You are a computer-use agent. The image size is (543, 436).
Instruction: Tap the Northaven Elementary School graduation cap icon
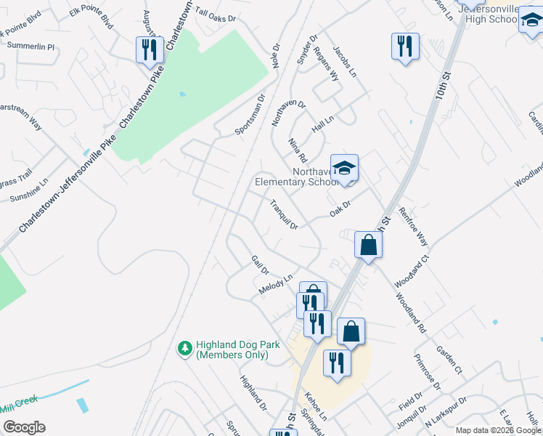tap(344, 168)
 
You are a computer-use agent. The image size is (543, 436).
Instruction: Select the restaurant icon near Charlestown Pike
tap(148, 49)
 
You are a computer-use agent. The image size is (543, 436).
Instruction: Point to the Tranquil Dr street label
tap(285, 215)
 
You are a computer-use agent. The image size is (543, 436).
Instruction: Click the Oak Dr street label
tap(340, 208)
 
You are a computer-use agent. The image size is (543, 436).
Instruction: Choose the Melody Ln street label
tap(275, 284)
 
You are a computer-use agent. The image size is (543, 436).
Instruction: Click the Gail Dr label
tap(260, 265)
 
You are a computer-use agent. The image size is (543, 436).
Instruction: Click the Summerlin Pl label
tap(30, 47)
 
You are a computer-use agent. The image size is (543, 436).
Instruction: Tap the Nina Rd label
tap(298, 150)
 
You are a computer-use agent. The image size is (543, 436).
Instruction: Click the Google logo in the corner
tap(24, 427)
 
